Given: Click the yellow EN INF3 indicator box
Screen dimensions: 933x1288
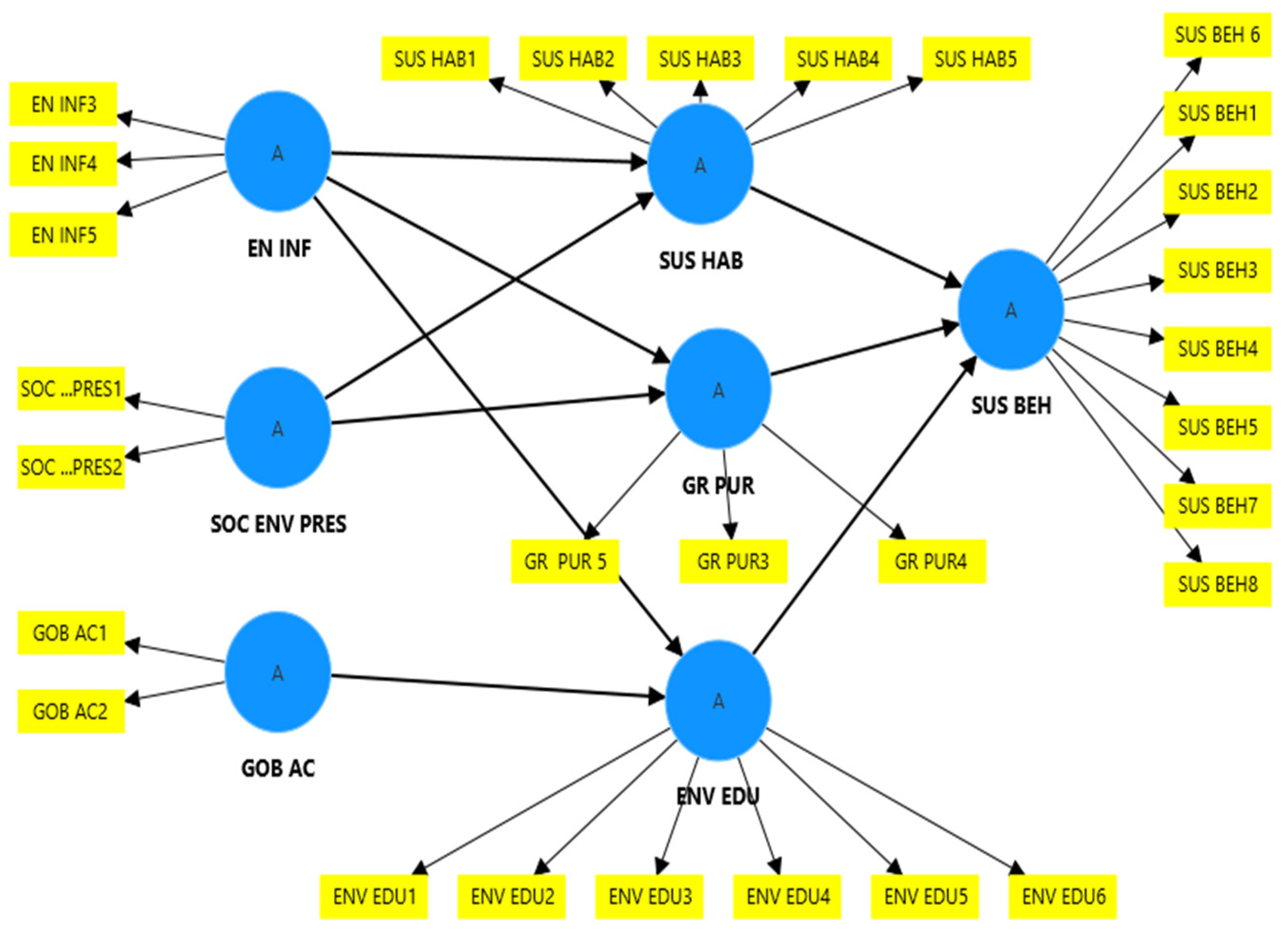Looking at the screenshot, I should pos(63,104).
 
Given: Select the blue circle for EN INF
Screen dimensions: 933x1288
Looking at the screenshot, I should pos(278,152).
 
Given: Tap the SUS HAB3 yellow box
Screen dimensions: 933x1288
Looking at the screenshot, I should pos(700,59).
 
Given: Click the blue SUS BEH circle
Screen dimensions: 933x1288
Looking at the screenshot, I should pos(1010,309).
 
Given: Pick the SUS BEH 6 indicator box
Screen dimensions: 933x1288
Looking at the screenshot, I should pos(1217,35).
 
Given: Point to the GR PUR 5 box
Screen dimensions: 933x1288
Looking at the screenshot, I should pos(565,562).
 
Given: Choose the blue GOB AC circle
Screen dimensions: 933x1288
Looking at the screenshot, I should pos(278,672).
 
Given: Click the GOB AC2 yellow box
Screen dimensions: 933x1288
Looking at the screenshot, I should pos(71,711).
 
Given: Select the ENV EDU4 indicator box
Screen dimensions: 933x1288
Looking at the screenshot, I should pos(787,897).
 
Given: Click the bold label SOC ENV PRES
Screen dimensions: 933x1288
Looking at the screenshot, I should pos(278,524).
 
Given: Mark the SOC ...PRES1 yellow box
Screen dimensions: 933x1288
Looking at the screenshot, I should pos(71,389).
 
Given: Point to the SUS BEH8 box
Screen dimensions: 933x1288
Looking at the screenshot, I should pos(1217,584).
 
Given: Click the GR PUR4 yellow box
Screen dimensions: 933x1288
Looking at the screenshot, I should pos(932,562).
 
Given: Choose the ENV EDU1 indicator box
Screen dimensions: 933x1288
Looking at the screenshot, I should pos(373,897).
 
